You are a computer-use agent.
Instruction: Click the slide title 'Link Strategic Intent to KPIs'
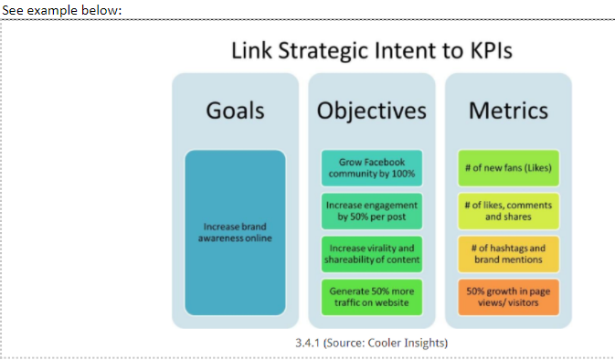click(x=371, y=50)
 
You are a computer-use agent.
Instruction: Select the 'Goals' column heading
click(x=235, y=111)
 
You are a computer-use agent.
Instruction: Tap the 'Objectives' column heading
click(x=371, y=111)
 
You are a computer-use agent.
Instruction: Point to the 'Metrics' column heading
click(x=508, y=111)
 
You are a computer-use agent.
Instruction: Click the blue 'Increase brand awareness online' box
click(x=235, y=233)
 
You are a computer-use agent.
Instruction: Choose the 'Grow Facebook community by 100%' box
click(x=371, y=168)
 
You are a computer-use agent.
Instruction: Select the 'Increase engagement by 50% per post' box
click(x=371, y=211)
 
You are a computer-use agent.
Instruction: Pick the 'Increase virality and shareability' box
click(x=371, y=254)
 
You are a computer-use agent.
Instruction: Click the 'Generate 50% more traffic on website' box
click(x=371, y=296)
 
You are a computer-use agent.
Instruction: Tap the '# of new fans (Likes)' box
click(x=508, y=168)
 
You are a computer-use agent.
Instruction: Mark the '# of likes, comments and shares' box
click(x=508, y=211)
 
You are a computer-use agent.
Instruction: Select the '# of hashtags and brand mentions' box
click(x=508, y=254)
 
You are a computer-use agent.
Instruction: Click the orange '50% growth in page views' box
click(x=508, y=296)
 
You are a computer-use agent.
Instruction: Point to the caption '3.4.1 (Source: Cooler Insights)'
click(x=371, y=343)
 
